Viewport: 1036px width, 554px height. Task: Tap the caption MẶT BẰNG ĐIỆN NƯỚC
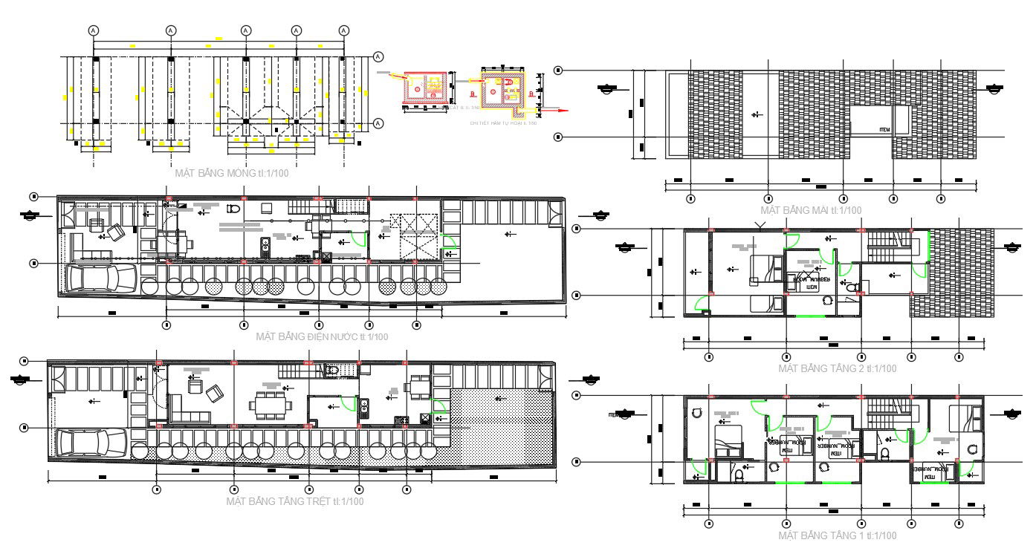[x=322, y=336]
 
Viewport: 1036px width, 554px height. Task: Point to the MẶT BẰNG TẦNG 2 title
[x=837, y=368]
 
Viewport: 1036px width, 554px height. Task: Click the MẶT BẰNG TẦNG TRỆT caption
[x=295, y=501]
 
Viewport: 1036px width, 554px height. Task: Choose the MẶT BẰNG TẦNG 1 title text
[x=837, y=535]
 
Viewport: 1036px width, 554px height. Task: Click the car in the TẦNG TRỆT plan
[x=89, y=443]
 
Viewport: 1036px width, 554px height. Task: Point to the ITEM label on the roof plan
[x=884, y=129]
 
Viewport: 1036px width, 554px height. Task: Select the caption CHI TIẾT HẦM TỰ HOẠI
[x=502, y=123]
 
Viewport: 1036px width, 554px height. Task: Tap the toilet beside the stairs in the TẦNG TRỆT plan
[x=332, y=369]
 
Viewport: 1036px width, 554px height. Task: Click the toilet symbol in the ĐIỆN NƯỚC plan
[x=232, y=209]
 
